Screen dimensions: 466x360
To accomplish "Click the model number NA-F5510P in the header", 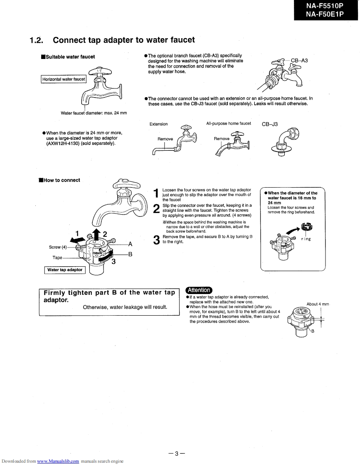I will pos(325,6).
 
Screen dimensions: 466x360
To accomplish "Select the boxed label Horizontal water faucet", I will pos(64,79).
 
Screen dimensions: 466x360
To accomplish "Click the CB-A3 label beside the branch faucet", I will pos(299,61).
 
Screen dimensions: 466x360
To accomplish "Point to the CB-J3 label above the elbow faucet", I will pos(270,124).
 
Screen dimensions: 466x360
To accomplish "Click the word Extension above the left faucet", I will pos(158,124).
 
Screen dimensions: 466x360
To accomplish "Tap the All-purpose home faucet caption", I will pos(228,123).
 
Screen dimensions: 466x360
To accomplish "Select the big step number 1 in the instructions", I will pos(156,194).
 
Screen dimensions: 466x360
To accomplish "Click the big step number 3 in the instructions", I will pos(156,240).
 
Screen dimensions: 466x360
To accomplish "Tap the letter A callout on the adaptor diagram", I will pos(130,244).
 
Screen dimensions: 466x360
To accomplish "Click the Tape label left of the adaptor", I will pos(57,258).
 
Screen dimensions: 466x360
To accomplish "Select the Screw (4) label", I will pos(58,247).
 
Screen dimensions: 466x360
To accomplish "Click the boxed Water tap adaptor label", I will pos(65,270).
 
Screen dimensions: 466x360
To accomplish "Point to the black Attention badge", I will pos(199,290).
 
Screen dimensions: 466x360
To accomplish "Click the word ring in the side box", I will pos(306,239).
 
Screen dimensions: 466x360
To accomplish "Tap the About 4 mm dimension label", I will pos(318,304).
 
